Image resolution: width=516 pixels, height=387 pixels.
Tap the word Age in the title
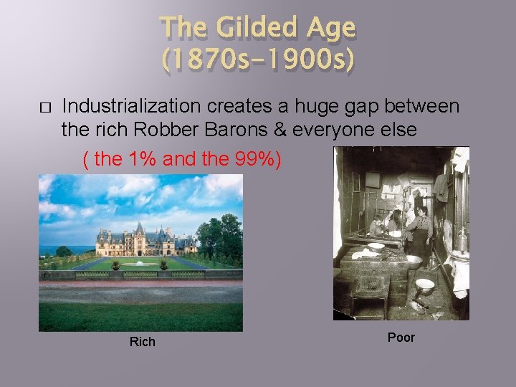click(329, 29)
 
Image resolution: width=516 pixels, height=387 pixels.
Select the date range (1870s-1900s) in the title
click(258, 60)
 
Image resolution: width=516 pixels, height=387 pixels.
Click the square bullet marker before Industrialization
click(44, 108)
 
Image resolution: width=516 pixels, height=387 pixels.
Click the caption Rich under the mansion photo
click(142, 342)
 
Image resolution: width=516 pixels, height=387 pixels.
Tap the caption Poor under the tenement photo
click(401, 338)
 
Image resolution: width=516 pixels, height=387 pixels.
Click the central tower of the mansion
click(139, 233)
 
